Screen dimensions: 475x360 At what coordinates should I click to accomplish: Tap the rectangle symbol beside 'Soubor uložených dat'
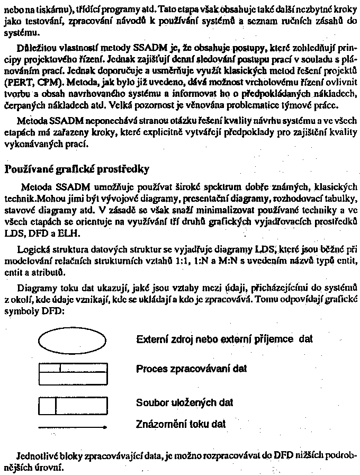pos(73,405)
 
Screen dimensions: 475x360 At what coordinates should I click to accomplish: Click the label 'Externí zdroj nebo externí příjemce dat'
pos(224,338)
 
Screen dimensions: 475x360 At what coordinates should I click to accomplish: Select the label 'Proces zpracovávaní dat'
pos(191,368)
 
